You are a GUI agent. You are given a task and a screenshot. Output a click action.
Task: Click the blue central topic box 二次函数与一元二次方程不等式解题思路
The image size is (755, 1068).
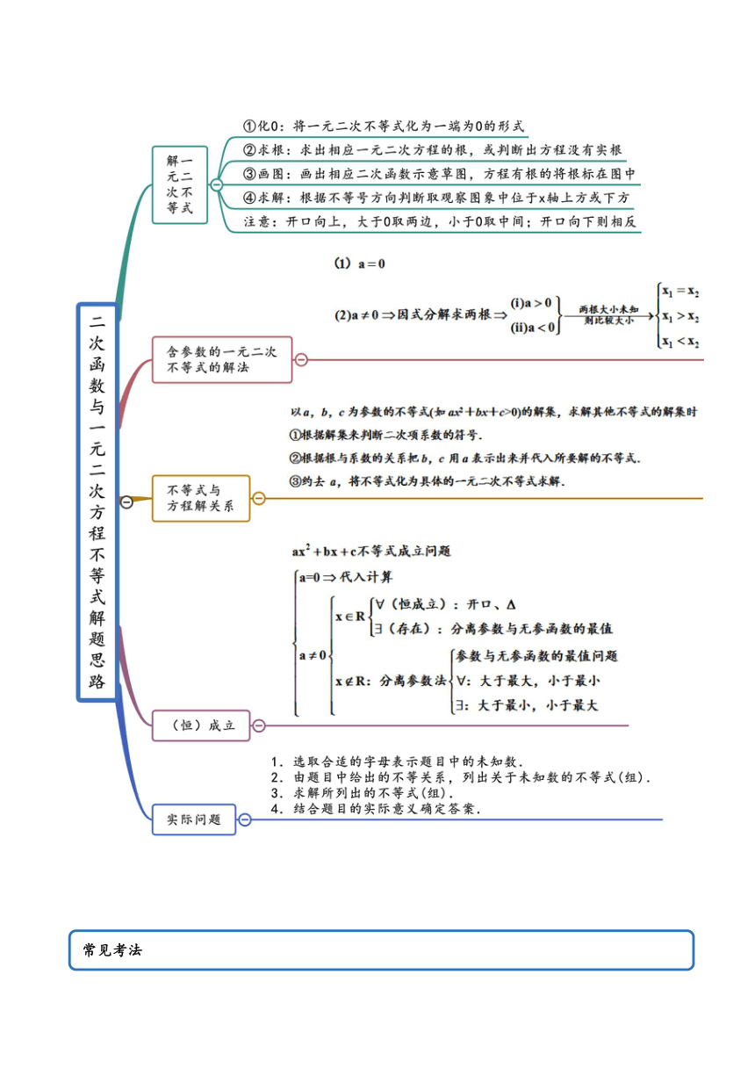click(x=97, y=502)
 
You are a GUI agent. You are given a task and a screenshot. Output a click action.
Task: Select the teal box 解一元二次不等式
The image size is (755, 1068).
click(x=180, y=185)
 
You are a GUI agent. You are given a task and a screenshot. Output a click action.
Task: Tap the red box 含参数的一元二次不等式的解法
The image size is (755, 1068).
click(x=222, y=359)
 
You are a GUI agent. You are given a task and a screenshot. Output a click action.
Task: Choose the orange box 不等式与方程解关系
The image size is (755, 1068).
click(x=201, y=498)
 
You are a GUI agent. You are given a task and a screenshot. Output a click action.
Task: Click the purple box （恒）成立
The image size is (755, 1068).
click(x=201, y=725)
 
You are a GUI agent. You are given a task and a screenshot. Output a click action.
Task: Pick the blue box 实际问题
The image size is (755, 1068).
click(x=194, y=819)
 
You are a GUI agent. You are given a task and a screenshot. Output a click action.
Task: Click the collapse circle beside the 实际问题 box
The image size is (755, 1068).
click(x=245, y=819)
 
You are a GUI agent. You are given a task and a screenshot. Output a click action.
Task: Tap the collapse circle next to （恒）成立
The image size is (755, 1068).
click(x=258, y=725)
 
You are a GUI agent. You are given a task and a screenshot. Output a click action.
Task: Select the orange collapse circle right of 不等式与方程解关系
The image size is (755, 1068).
click(x=258, y=498)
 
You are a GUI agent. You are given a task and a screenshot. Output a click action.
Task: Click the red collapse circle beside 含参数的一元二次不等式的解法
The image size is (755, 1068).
click(x=301, y=359)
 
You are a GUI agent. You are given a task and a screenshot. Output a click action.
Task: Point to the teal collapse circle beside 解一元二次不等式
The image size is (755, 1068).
click(x=216, y=184)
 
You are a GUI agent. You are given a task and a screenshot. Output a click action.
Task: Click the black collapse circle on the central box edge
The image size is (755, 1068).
click(x=126, y=502)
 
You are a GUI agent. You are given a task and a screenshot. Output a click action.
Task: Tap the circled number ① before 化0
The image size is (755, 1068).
click(x=249, y=126)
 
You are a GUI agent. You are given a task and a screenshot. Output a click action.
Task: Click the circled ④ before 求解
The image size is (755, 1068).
click(x=249, y=198)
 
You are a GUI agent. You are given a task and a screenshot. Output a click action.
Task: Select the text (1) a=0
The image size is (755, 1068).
click(x=359, y=263)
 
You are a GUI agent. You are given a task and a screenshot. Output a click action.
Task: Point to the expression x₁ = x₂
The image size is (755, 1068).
click(x=680, y=292)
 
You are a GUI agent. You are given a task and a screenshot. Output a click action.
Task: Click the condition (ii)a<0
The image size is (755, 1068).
click(x=533, y=328)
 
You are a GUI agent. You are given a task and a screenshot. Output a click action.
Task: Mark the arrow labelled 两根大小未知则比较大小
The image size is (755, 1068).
click(x=608, y=315)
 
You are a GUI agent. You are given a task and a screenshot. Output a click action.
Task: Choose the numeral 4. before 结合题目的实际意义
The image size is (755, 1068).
click(x=277, y=809)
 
